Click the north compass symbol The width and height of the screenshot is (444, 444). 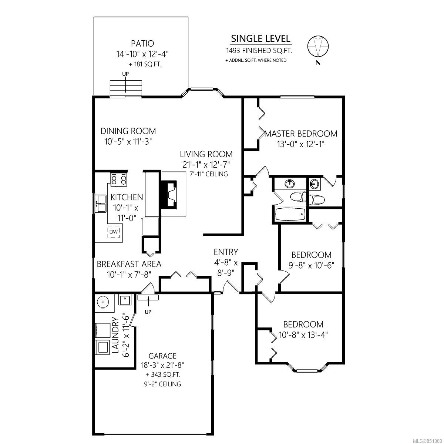[x=318, y=46]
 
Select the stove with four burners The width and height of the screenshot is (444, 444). [x=119, y=179]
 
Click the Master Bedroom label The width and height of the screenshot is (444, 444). [x=301, y=134]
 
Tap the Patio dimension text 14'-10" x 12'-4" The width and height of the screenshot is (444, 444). [x=142, y=54]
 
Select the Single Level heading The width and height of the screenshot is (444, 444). [x=260, y=38]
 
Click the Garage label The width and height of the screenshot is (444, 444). [x=162, y=356]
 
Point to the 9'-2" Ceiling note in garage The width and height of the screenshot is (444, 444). [x=162, y=384]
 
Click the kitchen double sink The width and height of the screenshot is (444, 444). [x=101, y=203]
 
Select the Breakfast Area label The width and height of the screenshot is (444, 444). [x=129, y=264]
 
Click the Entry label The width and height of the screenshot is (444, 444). [x=226, y=252]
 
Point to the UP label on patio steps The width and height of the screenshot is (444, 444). [x=125, y=74]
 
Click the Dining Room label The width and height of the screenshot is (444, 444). [x=128, y=131]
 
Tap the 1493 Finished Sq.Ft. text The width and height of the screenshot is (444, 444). [x=259, y=51]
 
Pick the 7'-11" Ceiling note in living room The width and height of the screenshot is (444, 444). [x=209, y=174]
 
